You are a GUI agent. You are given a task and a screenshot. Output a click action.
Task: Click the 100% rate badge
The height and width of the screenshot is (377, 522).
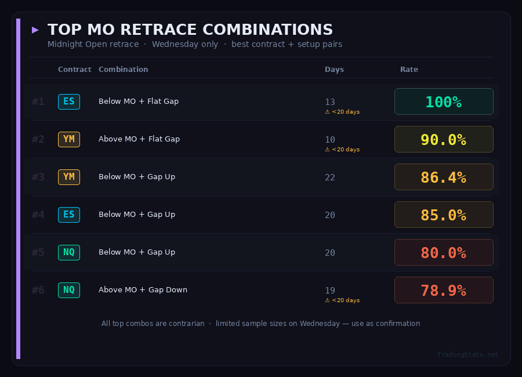click(444, 101)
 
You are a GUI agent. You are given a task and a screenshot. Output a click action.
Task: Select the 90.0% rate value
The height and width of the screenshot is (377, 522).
click(444, 139)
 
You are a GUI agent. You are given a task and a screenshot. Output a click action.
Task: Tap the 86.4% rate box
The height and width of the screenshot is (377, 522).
click(444, 177)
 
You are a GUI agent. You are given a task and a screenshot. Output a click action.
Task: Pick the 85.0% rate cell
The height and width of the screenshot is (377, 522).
click(444, 215)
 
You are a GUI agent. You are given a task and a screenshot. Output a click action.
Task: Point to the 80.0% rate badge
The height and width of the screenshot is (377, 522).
click(444, 252)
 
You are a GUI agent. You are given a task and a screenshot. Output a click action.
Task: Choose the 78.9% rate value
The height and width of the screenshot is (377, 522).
click(444, 290)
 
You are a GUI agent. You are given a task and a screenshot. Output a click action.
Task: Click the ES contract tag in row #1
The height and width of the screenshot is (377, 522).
click(69, 101)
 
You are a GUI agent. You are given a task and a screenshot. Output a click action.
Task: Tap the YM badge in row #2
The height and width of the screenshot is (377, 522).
click(69, 139)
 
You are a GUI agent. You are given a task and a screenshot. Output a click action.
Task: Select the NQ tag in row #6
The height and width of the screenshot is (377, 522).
click(69, 290)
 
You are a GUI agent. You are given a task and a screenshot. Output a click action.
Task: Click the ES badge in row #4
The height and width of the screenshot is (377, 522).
click(69, 215)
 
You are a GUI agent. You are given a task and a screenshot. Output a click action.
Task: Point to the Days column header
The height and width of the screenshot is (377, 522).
click(334, 70)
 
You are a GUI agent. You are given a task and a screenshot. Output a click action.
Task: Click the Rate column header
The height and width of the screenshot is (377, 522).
click(409, 70)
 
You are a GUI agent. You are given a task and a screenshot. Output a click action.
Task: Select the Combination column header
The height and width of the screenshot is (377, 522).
click(124, 70)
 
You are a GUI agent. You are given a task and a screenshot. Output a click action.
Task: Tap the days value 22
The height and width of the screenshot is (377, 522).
click(330, 177)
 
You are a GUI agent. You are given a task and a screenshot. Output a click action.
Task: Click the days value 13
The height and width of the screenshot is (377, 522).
click(330, 102)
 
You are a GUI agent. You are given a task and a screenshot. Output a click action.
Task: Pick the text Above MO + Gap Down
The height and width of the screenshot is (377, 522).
click(143, 290)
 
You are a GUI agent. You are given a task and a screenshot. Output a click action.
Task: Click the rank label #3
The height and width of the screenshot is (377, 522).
click(38, 177)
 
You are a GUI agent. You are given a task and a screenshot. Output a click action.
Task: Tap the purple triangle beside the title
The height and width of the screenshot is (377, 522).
click(35, 30)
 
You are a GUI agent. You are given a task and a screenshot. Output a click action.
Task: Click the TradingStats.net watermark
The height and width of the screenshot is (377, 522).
click(467, 354)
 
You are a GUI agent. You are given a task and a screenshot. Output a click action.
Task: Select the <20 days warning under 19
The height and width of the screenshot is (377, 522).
click(342, 300)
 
